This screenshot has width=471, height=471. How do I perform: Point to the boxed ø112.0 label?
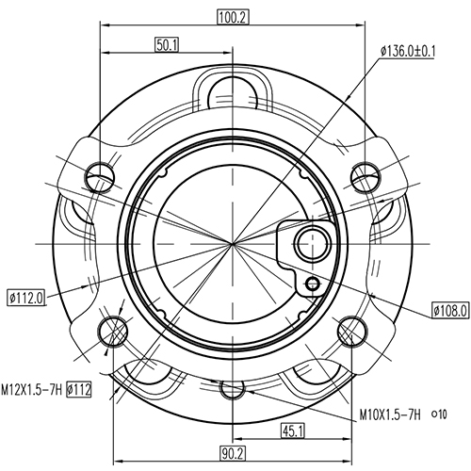[26, 299]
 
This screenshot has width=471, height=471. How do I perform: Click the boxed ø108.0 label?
[449, 309]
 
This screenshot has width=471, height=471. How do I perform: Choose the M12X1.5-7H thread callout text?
[31, 388]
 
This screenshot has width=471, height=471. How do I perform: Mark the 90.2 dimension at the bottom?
[232, 452]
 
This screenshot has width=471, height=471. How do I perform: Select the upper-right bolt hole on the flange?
[364, 175]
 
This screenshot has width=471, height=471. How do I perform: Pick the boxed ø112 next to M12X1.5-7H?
[79, 388]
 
